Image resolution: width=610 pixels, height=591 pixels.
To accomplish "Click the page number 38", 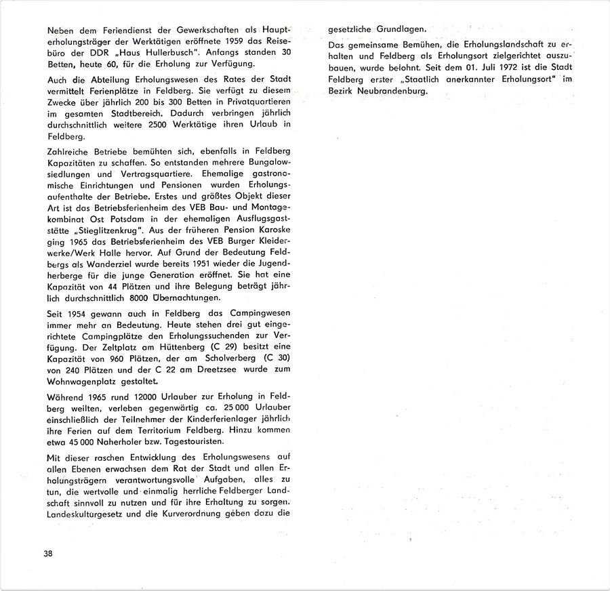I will click(x=47, y=553).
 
